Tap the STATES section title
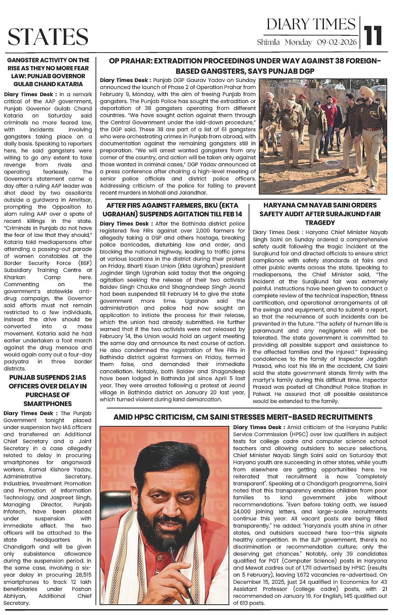(x=48, y=37)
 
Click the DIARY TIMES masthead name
(x=311, y=24)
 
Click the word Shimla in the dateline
(x=268, y=42)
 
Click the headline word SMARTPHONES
(x=48, y=404)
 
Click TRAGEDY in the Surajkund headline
(x=320, y=223)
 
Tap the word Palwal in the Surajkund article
(x=261, y=394)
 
